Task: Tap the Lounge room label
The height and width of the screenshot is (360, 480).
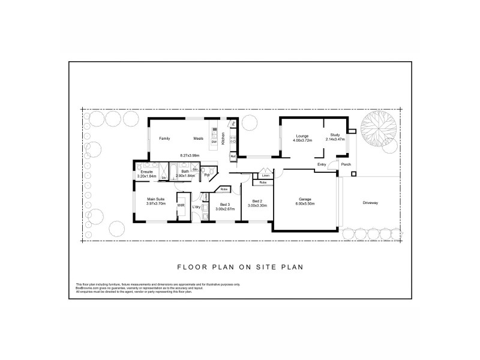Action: (x=301, y=136)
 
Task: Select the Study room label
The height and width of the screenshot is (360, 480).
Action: (x=335, y=136)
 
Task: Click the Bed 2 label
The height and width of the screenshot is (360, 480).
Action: (x=257, y=200)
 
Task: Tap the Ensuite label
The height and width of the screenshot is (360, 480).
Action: (x=146, y=172)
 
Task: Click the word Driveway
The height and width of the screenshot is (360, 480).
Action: (x=370, y=202)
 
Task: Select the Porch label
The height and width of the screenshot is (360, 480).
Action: (x=346, y=164)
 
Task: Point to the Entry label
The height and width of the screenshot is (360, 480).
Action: (x=322, y=164)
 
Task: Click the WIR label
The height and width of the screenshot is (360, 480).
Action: (x=180, y=205)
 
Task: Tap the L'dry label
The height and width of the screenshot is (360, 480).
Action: (x=196, y=207)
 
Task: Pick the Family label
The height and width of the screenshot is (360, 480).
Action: (x=164, y=139)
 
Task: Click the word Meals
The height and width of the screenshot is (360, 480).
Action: (x=199, y=139)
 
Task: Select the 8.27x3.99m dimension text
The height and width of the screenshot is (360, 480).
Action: (x=190, y=155)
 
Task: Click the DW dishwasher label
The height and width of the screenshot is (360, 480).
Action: (x=214, y=142)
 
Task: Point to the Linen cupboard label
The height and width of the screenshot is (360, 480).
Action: (x=257, y=175)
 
